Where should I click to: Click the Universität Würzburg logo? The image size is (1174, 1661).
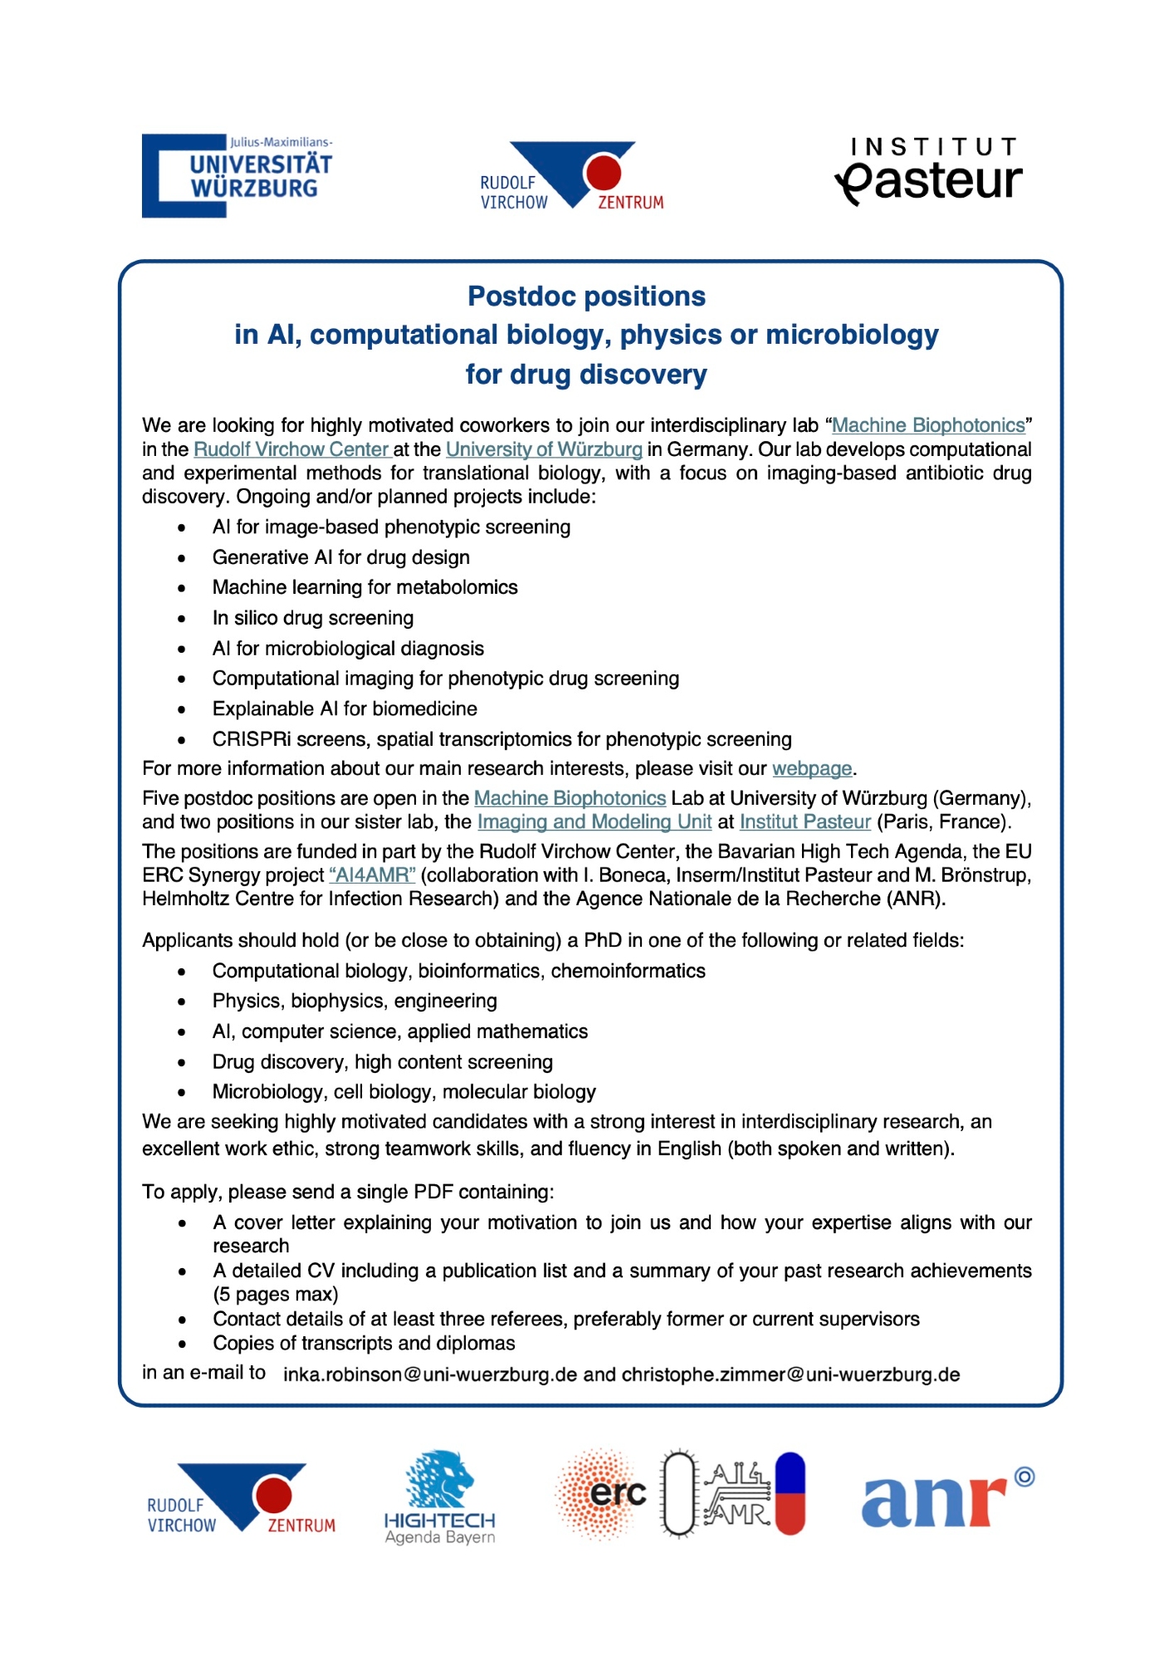tap(237, 175)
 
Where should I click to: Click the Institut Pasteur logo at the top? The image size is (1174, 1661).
tap(928, 172)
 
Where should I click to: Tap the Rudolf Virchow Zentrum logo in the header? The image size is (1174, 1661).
tap(572, 175)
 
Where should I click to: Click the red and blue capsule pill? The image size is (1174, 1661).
tap(790, 1492)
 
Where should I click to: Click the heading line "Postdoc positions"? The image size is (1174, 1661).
tap(586, 296)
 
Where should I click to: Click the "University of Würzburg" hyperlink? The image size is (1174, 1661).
tap(544, 449)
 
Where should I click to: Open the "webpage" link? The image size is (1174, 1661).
tap(811, 768)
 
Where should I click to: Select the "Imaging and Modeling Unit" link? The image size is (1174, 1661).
tap(594, 821)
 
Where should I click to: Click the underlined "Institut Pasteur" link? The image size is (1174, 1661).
tap(805, 821)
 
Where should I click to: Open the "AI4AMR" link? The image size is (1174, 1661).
tap(372, 875)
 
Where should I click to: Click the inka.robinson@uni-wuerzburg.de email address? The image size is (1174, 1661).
tap(429, 1374)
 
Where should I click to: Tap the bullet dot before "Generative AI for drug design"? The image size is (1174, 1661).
tap(182, 558)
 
